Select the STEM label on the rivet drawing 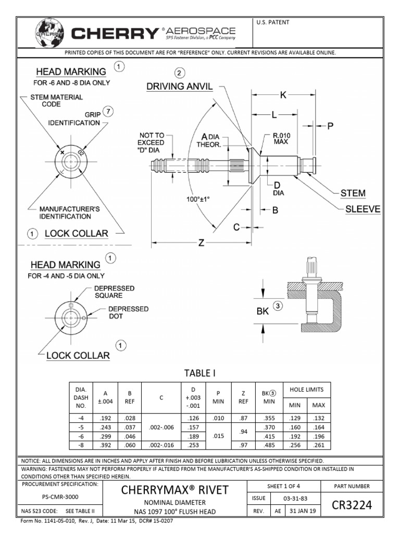click(x=353, y=193)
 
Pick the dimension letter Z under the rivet click(x=201, y=244)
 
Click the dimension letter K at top click(x=283, y=95)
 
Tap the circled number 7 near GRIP click(x=108, y=111)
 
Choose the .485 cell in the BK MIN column click(x=269, y=444)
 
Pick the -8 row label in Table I click(x=81, y=444)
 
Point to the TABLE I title click(x=200, y=373)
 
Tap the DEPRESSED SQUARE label click(x=115, y=292)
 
